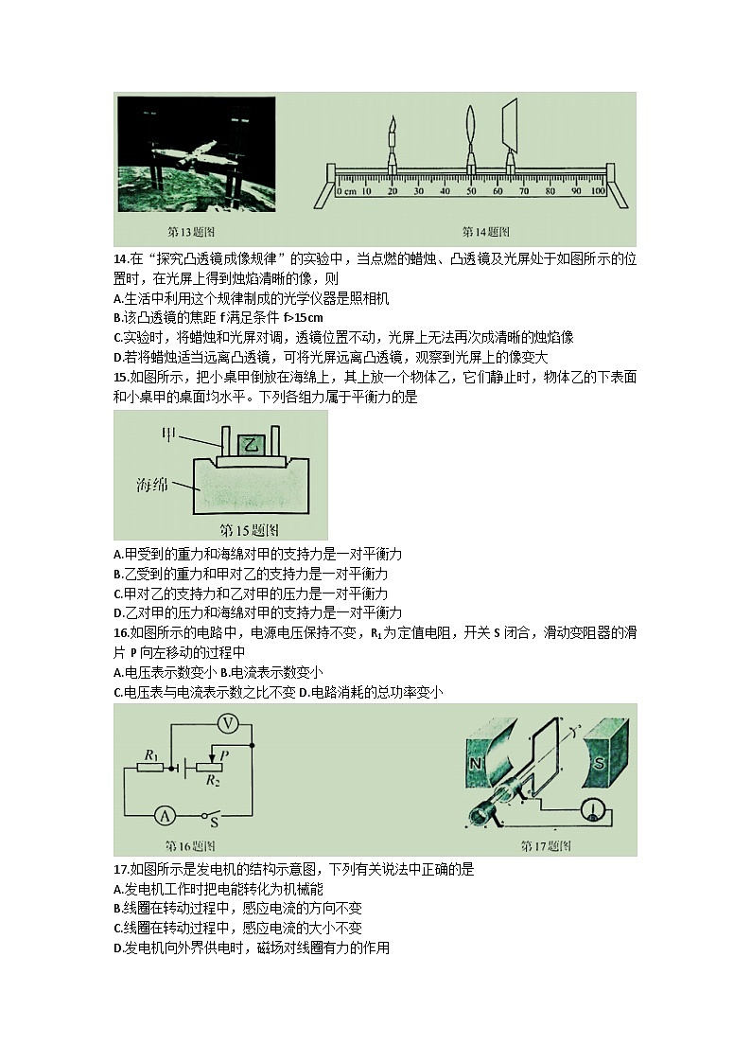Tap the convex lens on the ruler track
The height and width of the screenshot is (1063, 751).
(471, 133)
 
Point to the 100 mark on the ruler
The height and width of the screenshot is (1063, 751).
(597, 192)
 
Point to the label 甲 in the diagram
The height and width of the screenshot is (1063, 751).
(171, 434)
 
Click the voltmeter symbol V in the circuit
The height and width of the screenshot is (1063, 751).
(227, 724)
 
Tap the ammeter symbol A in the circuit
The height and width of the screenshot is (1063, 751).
(164, 814)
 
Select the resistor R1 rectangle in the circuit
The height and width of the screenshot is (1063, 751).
(150, 768)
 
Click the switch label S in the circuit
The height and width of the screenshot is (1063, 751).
(215, 825)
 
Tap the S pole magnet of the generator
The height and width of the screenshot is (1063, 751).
(597, 760)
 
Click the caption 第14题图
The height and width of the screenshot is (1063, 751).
(485, 231)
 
